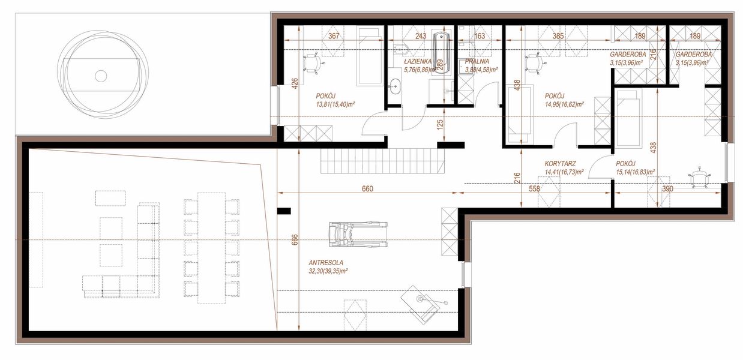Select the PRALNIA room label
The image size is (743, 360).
pyautogui.click(x=477, y=61)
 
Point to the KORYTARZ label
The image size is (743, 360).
pyautogui.click(x=560, y=163)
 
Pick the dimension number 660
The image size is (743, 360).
pyautogui.click(x=367, y=188)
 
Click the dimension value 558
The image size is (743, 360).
pyautogui.click(x=534, y=188)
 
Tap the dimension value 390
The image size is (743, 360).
pyautogui.click(x=667, y=188)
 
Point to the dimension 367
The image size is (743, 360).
pyautogui.click(x=334, y=36)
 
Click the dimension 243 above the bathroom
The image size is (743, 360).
pyautogui.click(x=420, y=36)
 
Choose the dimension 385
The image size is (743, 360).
pyautogui.click(x=558, y=36)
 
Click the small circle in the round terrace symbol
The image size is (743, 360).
pyautogui.click(x=101, y=76)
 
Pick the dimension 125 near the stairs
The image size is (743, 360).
pyautogui.click(x=440, y=125)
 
